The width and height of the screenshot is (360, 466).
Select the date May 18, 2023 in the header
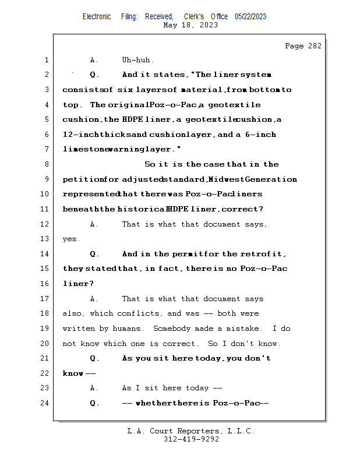coord(190,25)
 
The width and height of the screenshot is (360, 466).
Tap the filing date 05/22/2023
coord(250,16)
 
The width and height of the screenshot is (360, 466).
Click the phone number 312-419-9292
coord(191,439)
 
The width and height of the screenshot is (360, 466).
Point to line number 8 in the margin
coord(47,164)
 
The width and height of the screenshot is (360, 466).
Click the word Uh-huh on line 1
coord(137,60)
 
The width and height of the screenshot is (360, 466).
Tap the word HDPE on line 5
coord(129,119)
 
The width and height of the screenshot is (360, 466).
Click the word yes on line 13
coord(71,239)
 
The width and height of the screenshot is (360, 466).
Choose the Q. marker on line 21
coord(95,358)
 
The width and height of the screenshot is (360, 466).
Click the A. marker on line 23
coord(95,388)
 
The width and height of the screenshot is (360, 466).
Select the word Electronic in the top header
coord(97,16)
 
